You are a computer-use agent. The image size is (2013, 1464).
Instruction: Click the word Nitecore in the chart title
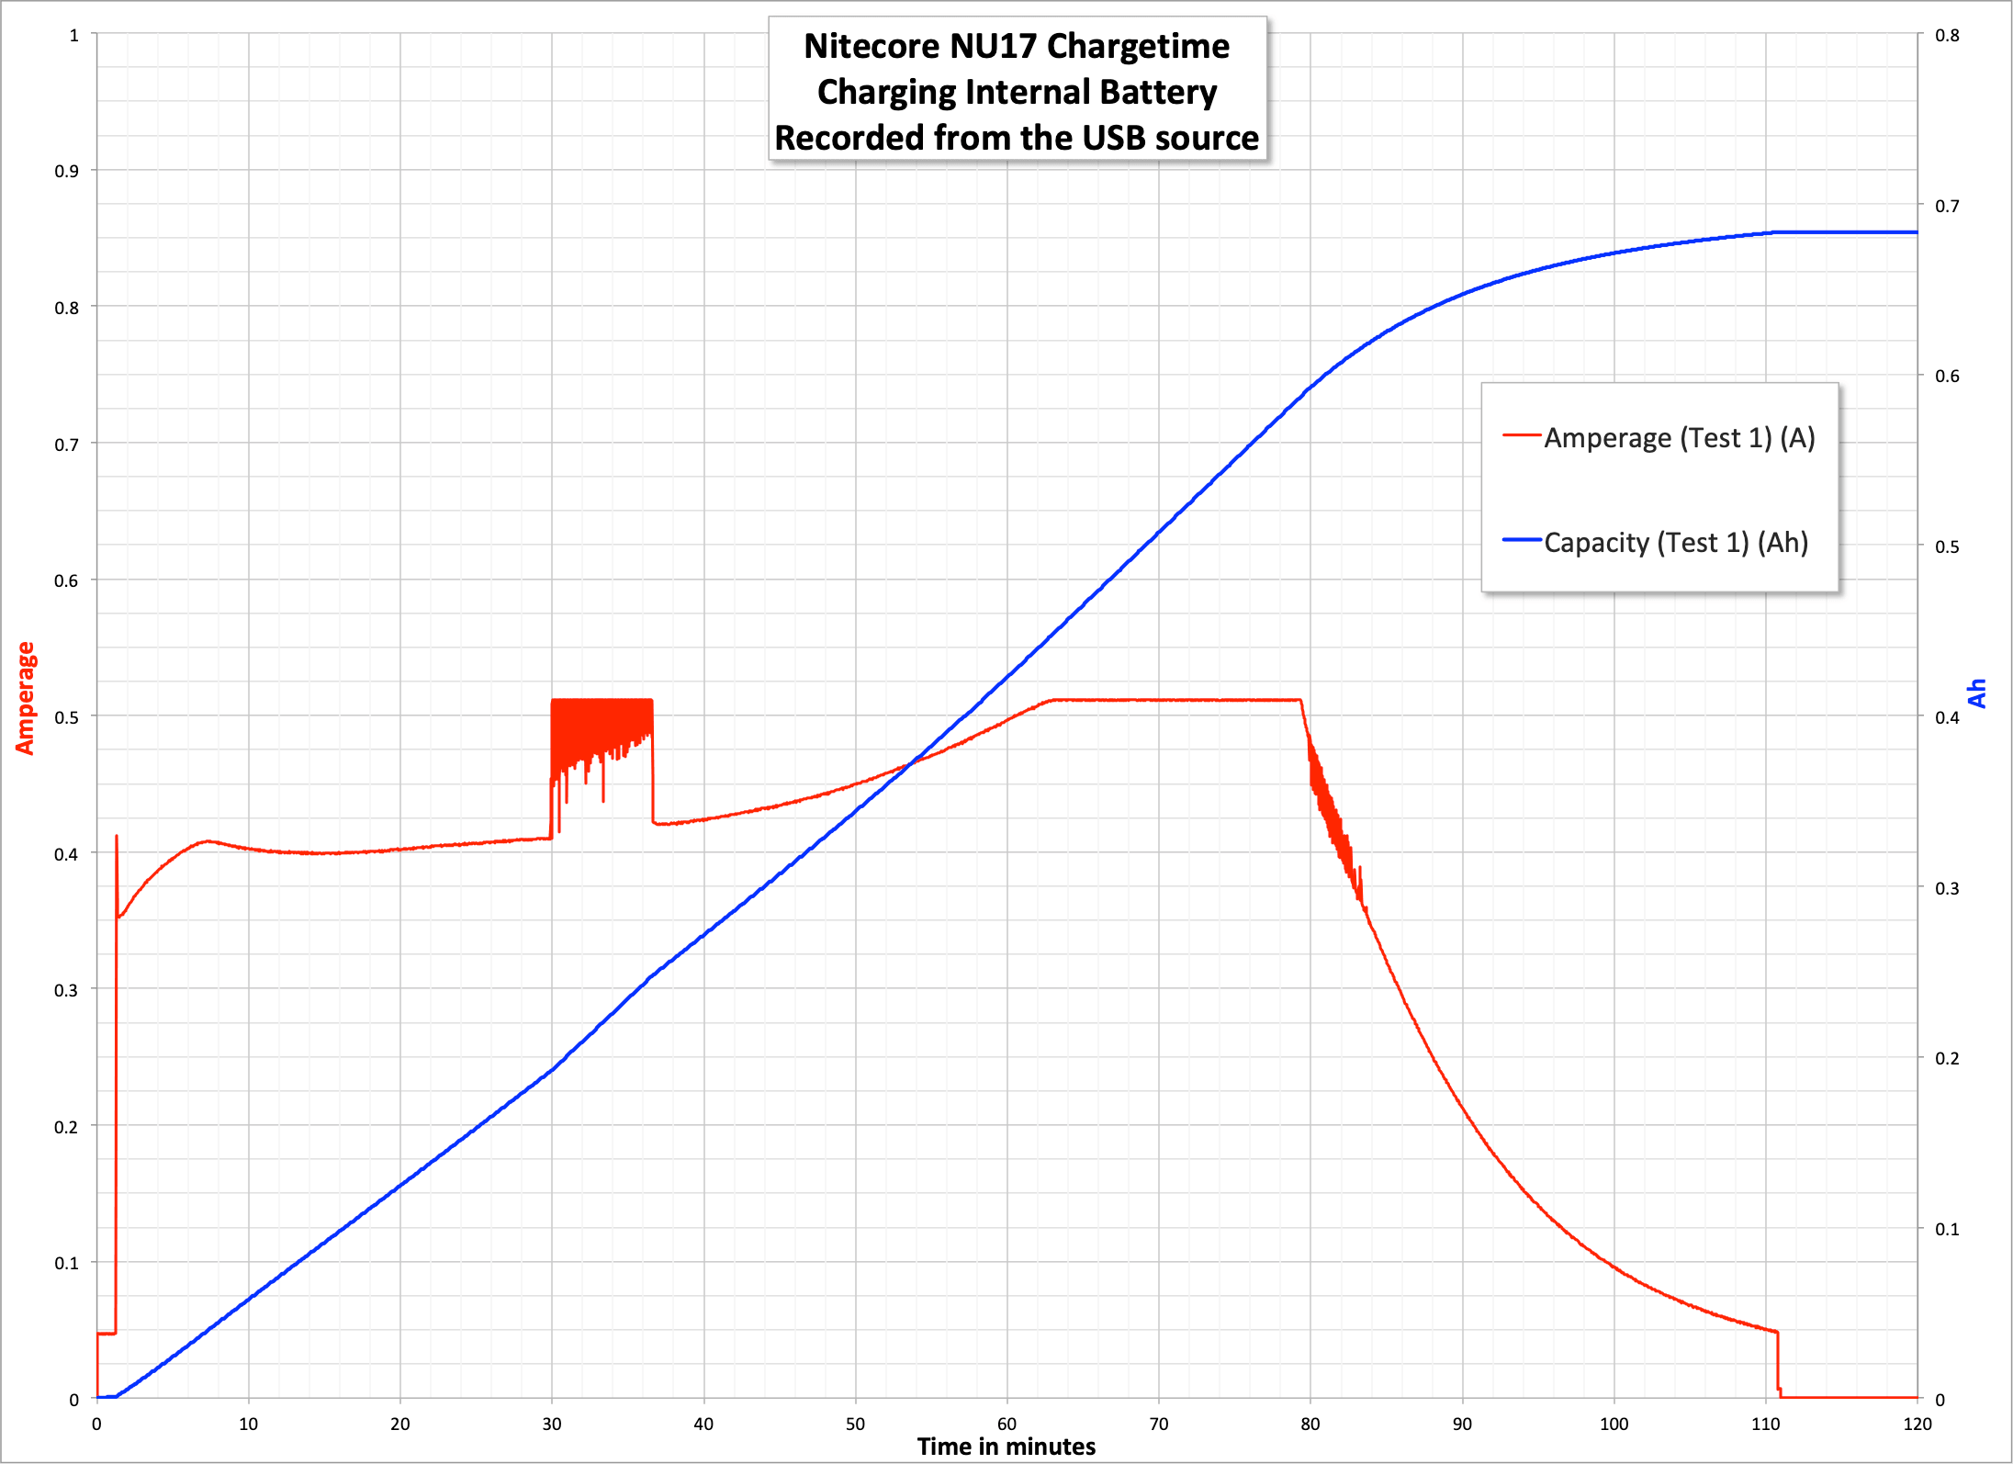872,46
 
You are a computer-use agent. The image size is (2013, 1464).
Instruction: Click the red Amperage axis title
25,698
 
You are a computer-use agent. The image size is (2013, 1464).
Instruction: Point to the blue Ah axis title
1977,693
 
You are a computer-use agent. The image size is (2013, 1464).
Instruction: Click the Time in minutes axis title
1006,1447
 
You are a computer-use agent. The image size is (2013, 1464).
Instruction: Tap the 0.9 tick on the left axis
66,171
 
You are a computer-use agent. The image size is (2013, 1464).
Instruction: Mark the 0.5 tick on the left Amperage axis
66,716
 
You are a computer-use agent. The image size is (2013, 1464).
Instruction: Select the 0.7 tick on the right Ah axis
1947,206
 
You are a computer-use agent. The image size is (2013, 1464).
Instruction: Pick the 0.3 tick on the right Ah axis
1947,888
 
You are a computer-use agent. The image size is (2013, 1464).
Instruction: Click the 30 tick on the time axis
552,1425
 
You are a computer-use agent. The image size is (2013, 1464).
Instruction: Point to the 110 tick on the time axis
1765,1425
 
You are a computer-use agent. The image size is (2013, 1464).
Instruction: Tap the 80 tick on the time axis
1310,1425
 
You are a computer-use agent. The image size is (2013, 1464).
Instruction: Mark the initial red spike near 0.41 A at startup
117,838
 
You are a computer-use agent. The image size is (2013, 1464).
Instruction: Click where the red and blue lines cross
910,763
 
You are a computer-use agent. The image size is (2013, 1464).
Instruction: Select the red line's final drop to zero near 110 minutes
1779,1364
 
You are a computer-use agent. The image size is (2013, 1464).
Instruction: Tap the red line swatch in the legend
1521,435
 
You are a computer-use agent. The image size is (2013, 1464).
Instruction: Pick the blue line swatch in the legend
1521,540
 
